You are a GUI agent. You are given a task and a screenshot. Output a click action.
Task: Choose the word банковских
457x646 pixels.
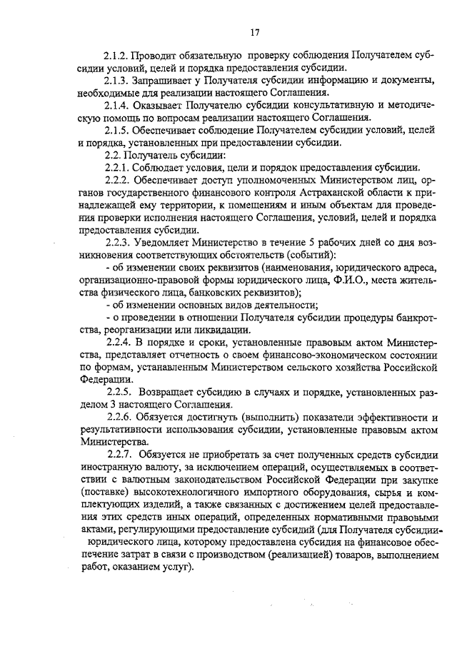(210, 292)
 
